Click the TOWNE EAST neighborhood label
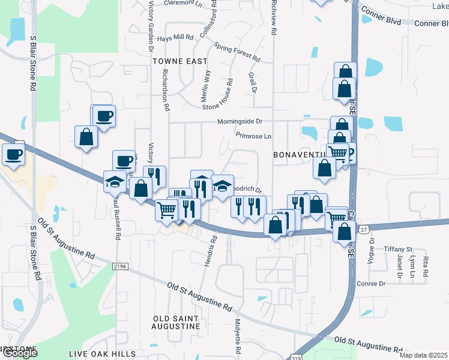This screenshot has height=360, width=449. coord(179,61)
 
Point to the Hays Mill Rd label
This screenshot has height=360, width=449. coord(175,37)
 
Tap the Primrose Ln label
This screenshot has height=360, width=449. coord(253,136)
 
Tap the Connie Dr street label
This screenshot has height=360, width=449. coord(370,283)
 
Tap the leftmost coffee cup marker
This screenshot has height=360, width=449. coord(13,154)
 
